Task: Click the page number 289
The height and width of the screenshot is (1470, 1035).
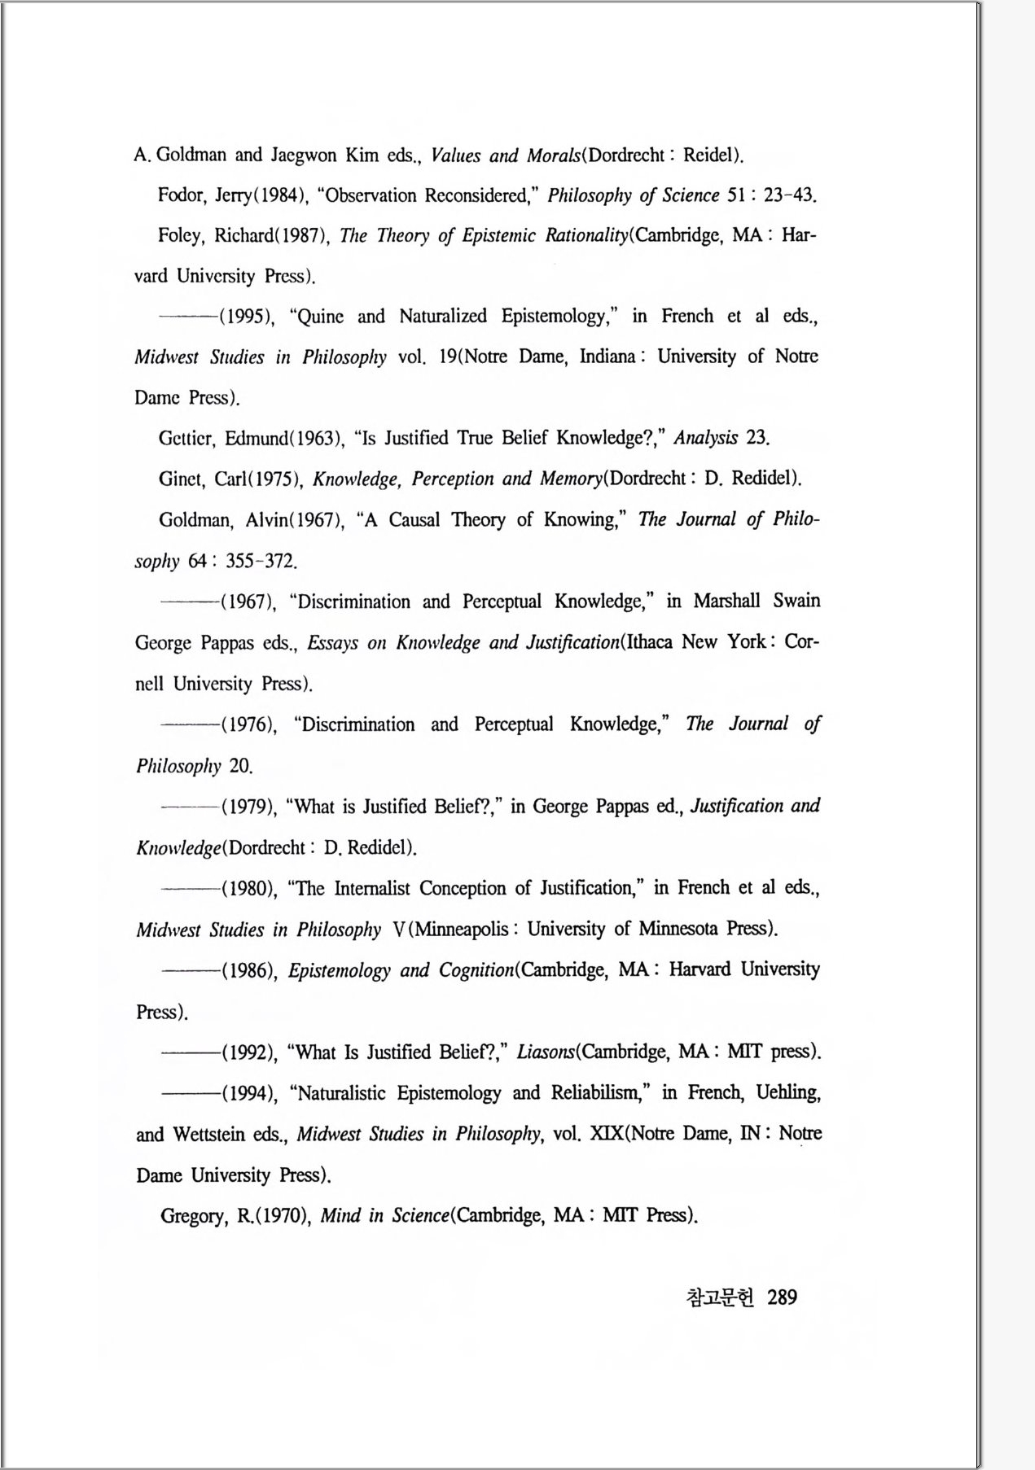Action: tap(782, 1297)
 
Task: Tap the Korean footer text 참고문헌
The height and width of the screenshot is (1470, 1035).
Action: tap(721, 1297)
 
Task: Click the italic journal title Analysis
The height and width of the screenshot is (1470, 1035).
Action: tap(705, 438)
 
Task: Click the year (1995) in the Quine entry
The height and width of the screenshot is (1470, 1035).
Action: tap(247, 317)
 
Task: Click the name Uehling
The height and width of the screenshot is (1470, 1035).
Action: tap(787, 1092)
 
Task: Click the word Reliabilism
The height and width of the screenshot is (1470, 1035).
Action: tap(599, 1092)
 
